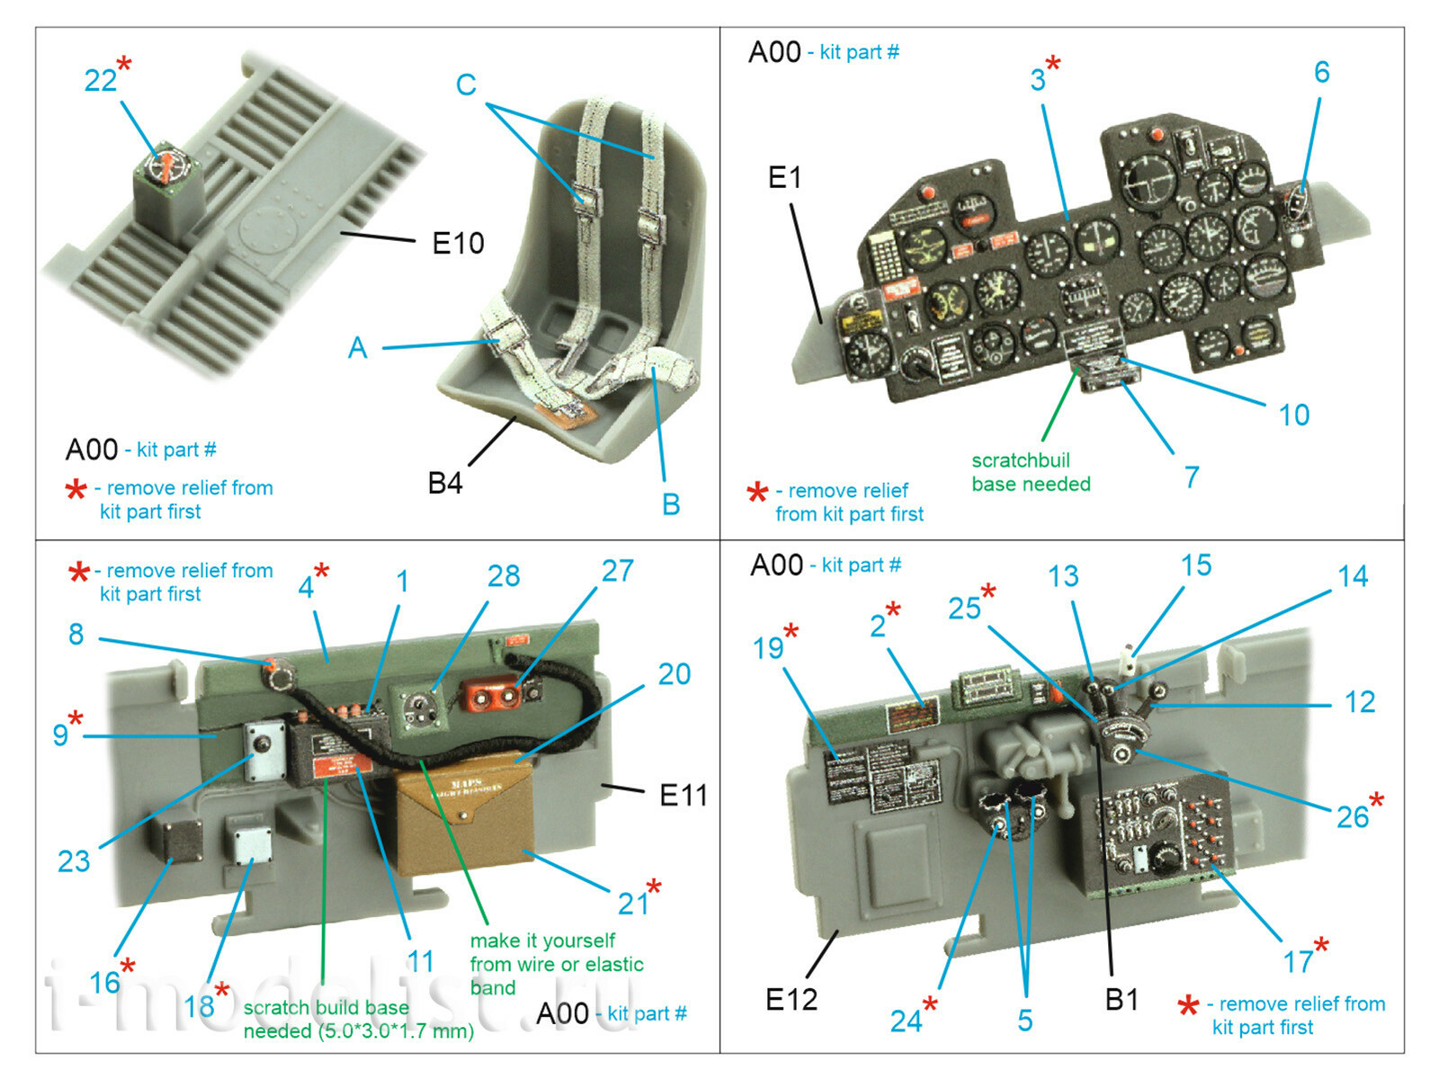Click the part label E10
tap(458, 243)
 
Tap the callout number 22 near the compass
tap(100, 81)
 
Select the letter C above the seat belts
tap(466, 85)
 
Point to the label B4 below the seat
tap(445, 483)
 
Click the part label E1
tap(784, 178)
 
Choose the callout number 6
tap(1321, 73)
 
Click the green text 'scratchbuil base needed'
tap(1031, 472)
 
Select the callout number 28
tap(504, 576)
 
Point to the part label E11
tap(683, 795)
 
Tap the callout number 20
tap(674, 674)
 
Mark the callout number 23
tap(74, 861)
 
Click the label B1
tap(1122, 999)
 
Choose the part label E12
tap(791, 999)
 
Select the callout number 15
tap(1196, 566)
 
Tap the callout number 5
tap(1025, 1021)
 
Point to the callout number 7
tap(1192, 477)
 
